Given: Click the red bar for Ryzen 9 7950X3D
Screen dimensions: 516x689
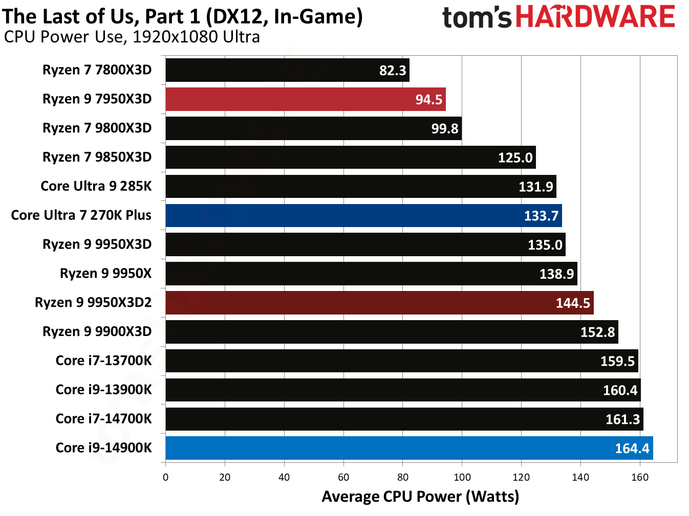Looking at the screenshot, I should [x=305, y=99].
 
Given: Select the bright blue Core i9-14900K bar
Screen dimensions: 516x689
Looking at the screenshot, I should [x=408, y=448].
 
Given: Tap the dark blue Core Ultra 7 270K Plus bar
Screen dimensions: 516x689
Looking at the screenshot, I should [x=363, y=215].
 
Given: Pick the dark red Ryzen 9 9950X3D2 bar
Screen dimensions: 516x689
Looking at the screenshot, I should [x=379, y=303].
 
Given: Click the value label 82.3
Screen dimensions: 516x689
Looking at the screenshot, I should [x=392, y=71].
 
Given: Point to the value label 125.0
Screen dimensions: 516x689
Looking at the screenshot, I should [x=515, y=158].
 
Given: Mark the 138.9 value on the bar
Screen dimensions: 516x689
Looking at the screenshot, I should [x=556, y=274].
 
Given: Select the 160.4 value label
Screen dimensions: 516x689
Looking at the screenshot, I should [x=619, y=391].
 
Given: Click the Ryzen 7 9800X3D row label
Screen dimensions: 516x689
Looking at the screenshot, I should [x=97, y=128].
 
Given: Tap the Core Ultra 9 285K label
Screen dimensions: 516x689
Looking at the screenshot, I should [x=96, y=186].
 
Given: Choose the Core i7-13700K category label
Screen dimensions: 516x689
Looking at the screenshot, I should [x=103, y=361].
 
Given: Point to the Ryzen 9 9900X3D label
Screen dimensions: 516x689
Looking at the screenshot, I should [x=97, y=331].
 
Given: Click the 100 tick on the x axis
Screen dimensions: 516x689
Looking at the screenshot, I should [x=462, y=477].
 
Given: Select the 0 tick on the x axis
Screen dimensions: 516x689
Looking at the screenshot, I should [x=165, y=477].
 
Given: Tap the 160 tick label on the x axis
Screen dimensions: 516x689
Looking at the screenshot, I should [x=639, y=477].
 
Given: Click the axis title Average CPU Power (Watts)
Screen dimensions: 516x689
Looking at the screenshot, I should [x=420, y=497].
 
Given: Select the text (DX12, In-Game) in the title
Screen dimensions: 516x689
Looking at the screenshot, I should [x=284, y=16].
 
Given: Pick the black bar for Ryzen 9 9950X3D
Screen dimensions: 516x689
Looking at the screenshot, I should [x=365, y=244].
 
